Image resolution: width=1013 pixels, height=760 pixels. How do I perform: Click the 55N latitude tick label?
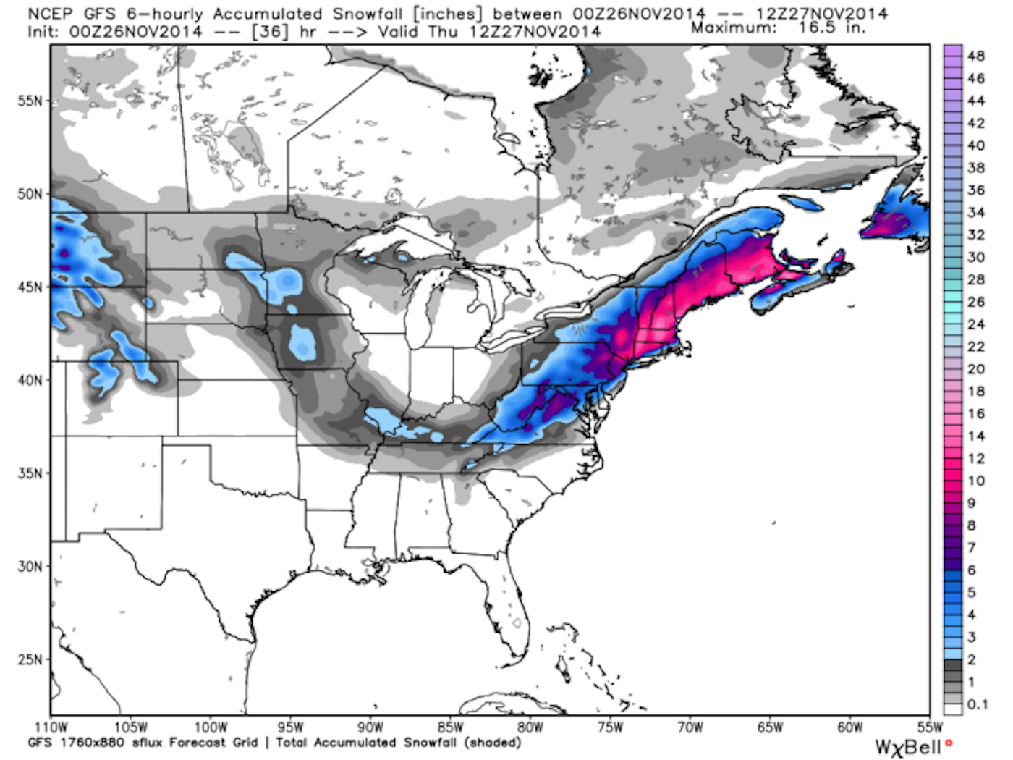point(30,101)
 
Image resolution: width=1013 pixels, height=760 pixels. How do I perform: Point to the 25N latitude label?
point(30,659)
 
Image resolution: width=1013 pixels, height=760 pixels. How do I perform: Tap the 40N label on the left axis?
point(30,380)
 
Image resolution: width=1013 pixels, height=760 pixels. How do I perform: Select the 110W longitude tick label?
point(51,727)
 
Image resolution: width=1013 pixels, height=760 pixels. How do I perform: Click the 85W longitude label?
point(450,727)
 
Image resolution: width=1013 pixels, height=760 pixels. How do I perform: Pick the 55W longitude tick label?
point(930,727)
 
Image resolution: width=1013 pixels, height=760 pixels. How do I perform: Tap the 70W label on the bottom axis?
point(690,727)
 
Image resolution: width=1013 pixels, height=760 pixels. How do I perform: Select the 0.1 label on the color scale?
point(978,704)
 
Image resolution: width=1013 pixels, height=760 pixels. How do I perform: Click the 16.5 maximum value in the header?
point(817,28)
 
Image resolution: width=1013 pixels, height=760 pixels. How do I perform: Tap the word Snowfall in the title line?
point(367,14)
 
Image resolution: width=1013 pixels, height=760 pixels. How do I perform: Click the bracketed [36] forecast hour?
point(269,32)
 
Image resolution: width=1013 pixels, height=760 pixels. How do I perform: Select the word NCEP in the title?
point(50,14)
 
